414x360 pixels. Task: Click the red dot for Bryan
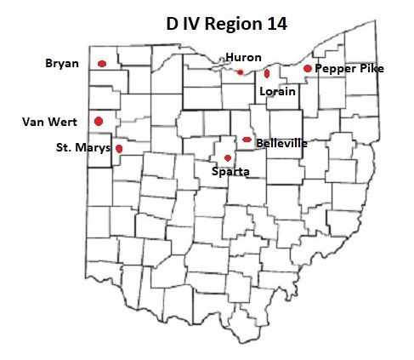(x=102, y=63)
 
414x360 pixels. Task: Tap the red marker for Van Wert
(x=99, y=121)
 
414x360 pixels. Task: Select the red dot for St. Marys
(x=119, y=148)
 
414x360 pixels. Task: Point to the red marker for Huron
(x=241, y=71)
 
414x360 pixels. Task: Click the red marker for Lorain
(x=267, y=73)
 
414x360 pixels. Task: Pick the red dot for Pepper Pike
(x=307, y=68)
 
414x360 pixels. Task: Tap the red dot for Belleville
(x=247, y=140)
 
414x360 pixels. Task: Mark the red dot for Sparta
(x=228, y=157)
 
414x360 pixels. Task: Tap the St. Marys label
(x=83, y=149)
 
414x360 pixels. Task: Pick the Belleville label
(x=281, y=143)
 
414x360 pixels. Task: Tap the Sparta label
(x=229, y=170)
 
